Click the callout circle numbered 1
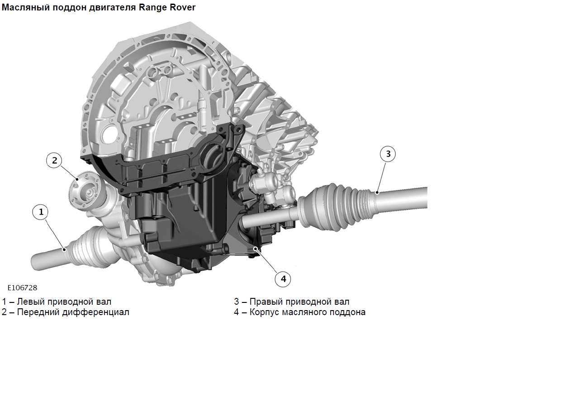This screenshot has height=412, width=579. click(41, 212)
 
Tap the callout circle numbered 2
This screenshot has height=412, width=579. click(54, 160)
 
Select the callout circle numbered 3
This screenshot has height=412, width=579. click(388, 154)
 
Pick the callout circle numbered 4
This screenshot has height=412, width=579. click(283, 279)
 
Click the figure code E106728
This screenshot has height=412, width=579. click(22, 288)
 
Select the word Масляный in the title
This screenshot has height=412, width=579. click(26, 8)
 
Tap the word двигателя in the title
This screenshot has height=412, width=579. click(113, 8)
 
